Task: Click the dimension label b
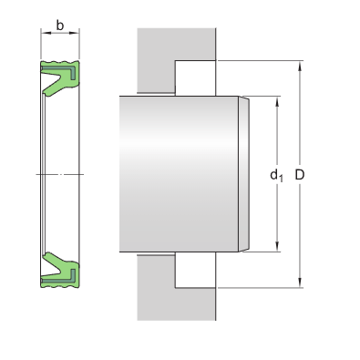tap(60, 26)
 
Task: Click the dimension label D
tap(300, 175)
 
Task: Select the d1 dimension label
tap(276, 175)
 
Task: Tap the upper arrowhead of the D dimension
tap(300, 66)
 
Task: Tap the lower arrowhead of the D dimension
tap(300, 283)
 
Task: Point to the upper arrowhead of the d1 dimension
tap(277, 101)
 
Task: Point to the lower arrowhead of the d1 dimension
tap(277, 247)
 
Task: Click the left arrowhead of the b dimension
tap(46, 33)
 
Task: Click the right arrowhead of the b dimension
tap(74, 33)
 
